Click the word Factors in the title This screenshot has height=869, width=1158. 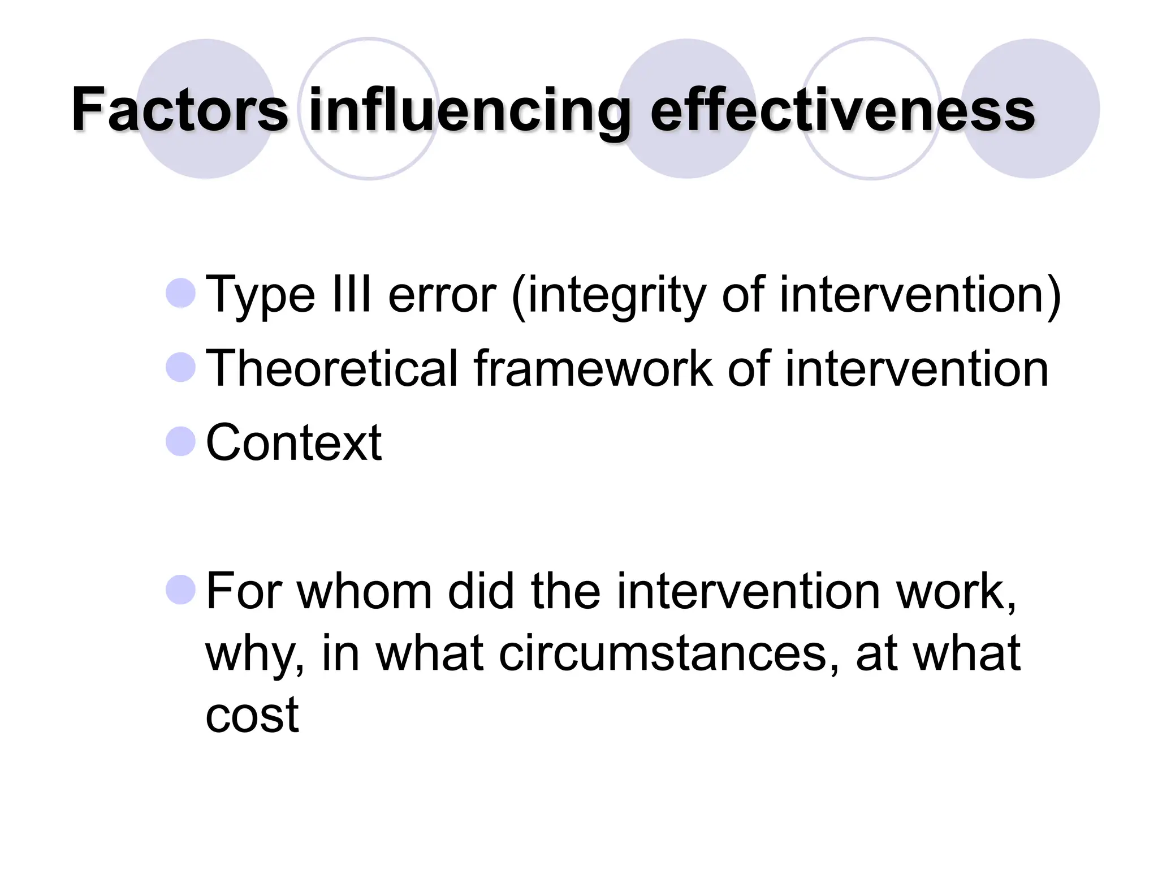coord(180,110)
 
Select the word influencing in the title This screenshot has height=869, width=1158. coord(469,111)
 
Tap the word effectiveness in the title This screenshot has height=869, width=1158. coord(842,110)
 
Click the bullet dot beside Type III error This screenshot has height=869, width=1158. coord(181,293)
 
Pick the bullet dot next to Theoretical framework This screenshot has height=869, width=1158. coord(181,367)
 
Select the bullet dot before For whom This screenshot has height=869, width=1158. coord(181,590)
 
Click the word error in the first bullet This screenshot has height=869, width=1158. coord(442,295)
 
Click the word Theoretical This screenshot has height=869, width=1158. coord(331,369)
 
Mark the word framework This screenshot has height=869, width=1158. coord(593,369)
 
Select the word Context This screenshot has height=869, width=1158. coord(293,442)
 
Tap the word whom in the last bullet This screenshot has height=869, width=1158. coord(365,592)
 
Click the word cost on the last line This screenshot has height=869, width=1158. coord(252,715)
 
